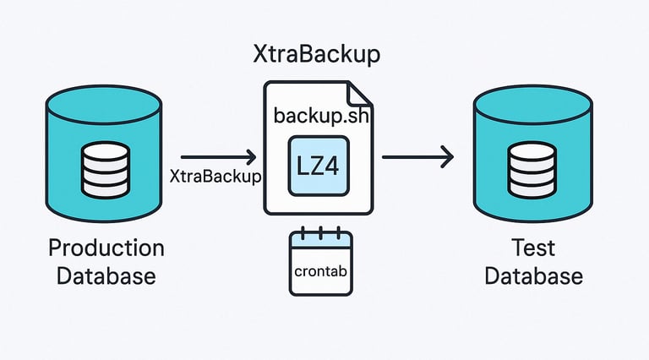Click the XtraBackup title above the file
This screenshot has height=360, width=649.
tap(316, 56)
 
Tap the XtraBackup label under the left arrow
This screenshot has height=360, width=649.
tap(215, 177)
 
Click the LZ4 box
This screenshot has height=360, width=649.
tap(319, 165)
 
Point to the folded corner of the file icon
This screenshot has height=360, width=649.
tap(359, 94)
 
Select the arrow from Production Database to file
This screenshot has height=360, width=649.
tap(218, 156)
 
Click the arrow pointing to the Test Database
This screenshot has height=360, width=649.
tap(417, 156)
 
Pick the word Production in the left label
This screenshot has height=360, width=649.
tap(106, 248)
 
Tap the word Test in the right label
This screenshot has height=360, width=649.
tap(533, 248)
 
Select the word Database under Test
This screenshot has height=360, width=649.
tap(533, 276)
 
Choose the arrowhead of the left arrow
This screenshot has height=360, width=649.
tap(251, 156)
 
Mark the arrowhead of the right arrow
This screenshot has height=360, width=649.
tap(447, 156)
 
